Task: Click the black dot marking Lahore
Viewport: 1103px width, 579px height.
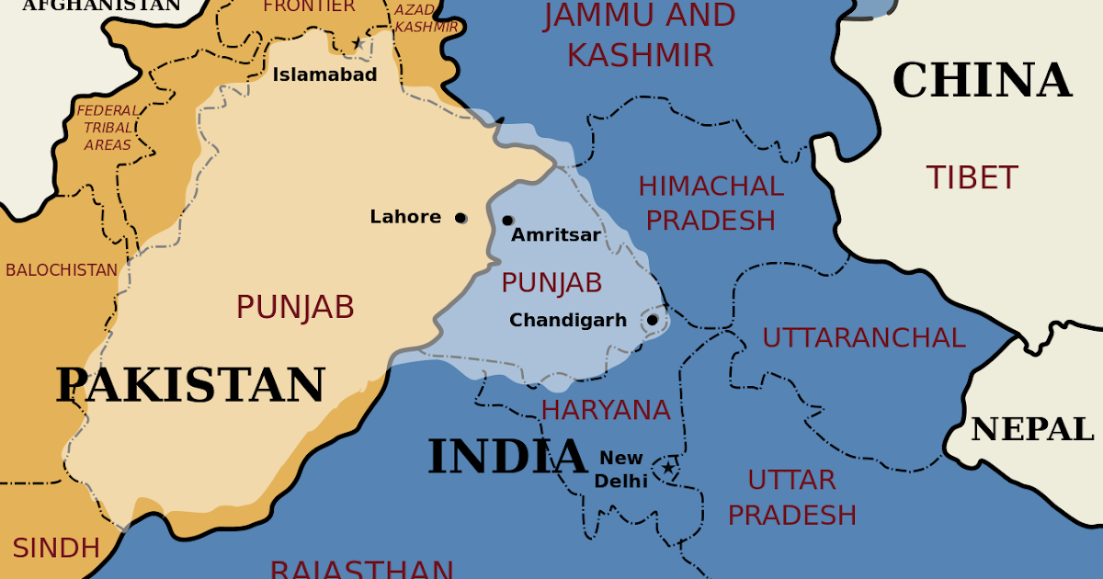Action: (461, 218)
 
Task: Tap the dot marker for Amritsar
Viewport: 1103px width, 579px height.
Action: (507, 221)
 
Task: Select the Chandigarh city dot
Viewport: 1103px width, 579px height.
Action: (652, 320)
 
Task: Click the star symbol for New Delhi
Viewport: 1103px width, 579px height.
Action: (668, 469)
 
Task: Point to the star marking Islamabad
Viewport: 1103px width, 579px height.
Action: (357, 44)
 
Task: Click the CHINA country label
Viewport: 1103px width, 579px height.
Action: (982, 81)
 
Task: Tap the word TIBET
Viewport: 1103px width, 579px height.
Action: (972, 177)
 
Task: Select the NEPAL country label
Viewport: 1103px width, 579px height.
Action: (1032, 429)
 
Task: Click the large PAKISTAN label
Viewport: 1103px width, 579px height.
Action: (190, 385)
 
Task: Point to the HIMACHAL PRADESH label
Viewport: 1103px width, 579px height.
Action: (710, 203)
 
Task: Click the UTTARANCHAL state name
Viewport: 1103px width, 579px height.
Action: (863, 338)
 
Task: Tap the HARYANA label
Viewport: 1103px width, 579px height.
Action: (606, 410)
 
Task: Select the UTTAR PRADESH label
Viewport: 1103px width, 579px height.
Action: (791, 497)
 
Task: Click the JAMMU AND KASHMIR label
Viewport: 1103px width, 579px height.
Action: (640, 35)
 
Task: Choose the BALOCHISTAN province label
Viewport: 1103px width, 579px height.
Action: (62, 270)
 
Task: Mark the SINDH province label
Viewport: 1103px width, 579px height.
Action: (56, 549)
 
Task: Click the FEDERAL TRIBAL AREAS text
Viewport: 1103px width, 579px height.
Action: (108, 128)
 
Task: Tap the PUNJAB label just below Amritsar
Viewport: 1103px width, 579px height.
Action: (551, 282)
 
